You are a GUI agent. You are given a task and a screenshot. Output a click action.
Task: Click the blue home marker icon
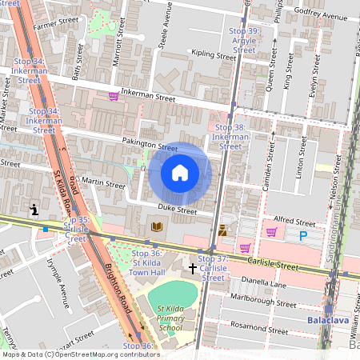click(180, 173)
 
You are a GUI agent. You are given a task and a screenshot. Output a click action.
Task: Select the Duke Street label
click(177, 210)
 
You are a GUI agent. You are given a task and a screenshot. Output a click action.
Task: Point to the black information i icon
click(34, 210)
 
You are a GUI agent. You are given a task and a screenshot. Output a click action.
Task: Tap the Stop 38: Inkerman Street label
click(230, 137)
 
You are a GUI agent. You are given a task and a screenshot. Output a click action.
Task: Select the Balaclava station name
click(330, 321)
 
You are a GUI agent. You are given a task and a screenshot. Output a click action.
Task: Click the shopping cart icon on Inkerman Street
click(114, 96)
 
